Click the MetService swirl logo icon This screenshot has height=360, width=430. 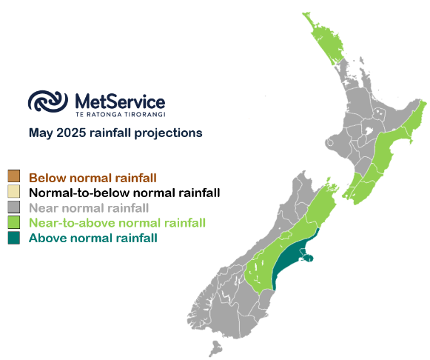(x=48, y=101)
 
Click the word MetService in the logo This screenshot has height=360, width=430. (x=120, y=101)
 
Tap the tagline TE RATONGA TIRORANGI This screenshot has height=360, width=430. (x=121, y=114)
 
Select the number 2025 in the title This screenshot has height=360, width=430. (x=71, y=133)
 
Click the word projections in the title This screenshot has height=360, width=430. (x=168, y=133)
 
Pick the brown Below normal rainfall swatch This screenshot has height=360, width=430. (x=14, y=176)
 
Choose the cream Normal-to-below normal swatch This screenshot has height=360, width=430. (x=14, y=191)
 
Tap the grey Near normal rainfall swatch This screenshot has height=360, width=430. (x=14, y=207)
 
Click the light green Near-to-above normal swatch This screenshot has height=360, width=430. (x=14, y=222)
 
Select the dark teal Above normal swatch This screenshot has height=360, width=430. (x=14, y=238)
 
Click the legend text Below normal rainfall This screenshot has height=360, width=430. (x=93, y=178)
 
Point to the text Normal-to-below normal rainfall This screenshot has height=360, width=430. (x=124, y=193)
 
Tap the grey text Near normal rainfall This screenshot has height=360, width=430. (x=89, y=208)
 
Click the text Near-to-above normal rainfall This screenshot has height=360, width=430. (x=118, y=223)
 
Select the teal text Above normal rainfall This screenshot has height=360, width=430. (x=93, y=238)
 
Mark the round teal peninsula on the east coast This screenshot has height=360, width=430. (x=308, y=258)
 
